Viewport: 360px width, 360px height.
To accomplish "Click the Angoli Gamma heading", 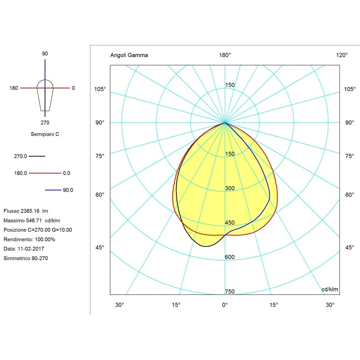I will (129, 55).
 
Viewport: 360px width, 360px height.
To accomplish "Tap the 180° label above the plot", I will (225, 55).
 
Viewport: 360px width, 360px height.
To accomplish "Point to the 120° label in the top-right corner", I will (342, 55).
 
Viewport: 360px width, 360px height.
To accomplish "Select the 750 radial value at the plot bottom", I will (230, 292).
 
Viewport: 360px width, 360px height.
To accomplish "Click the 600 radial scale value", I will (230, 257).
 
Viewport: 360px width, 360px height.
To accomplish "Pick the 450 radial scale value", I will (230, 223).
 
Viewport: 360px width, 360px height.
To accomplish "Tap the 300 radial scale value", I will (230, 188).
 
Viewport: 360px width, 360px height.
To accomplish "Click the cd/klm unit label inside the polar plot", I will (330, 289).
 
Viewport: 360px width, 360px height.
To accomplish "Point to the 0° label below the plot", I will (225, 305).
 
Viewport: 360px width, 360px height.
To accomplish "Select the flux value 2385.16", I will (31, 211).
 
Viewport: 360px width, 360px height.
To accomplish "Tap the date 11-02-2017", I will (30, 249).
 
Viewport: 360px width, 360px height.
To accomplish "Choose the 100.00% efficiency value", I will (45, 239).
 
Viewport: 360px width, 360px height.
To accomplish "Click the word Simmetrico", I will (17, 258).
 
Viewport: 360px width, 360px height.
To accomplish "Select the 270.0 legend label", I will (21, 156).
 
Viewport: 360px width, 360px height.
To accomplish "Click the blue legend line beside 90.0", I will (53, 190).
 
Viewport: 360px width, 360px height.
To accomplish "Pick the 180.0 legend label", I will (21, 173).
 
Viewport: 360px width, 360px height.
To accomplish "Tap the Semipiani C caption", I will (45, 134).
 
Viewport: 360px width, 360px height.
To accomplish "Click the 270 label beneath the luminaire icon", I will (45, 122).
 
